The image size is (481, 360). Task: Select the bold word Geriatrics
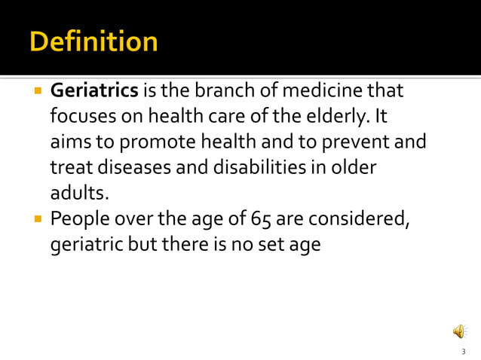(x=94, y=92)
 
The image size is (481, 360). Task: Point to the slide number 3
(x=463, y=352)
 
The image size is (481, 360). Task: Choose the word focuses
(x=81, y=117)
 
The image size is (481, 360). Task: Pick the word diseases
(x=125, y=166)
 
